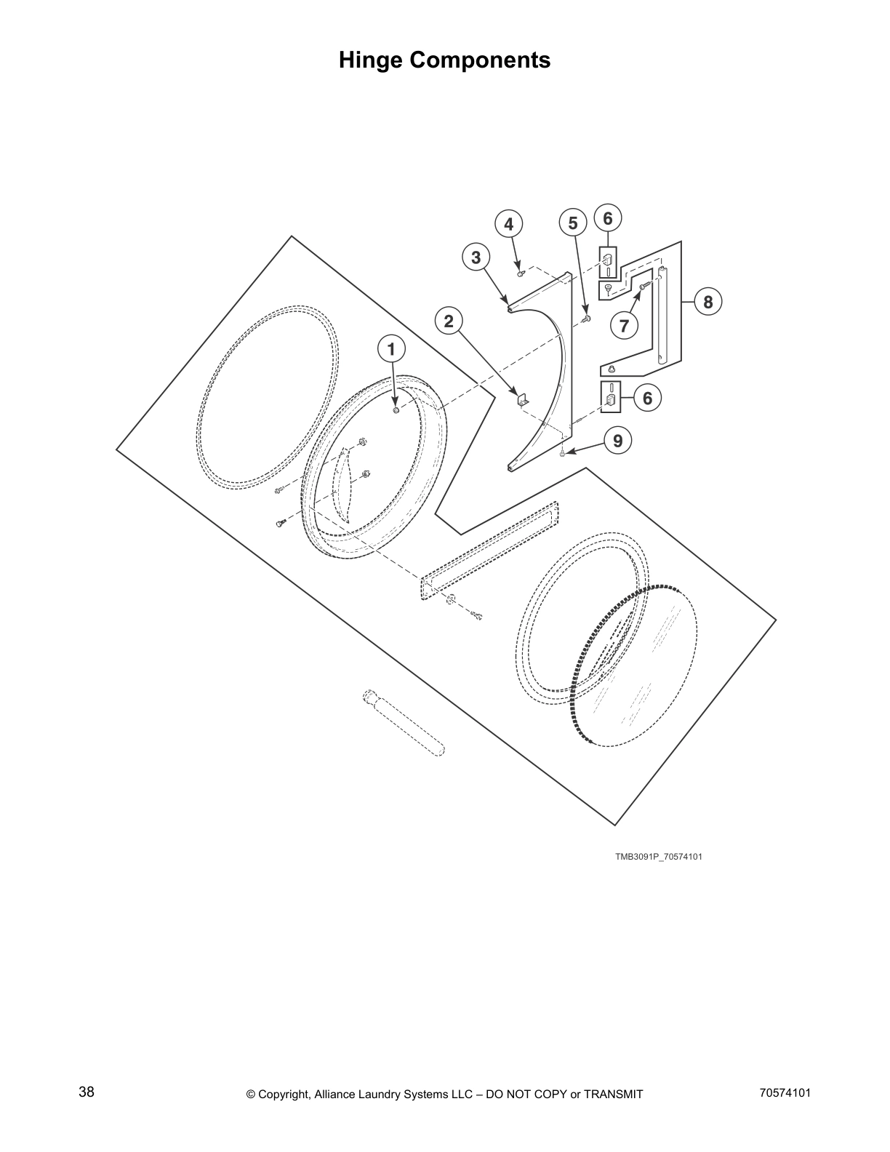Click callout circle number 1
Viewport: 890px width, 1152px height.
(x=391, y=349)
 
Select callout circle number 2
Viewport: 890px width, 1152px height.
(x=449, y=321)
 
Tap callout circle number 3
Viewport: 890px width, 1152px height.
(x=476, y=257)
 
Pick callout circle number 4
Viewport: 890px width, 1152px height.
(x=509, y=224)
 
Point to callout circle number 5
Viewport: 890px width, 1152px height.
(x=573, y=223)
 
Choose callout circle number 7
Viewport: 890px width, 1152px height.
(x=624, y=326)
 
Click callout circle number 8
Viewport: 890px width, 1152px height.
(x=708, y=300)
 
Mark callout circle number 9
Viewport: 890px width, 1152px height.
(x=617, y=441)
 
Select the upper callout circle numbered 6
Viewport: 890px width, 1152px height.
(x=608, y=217)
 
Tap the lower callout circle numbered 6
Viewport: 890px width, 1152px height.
(x=647, y=398)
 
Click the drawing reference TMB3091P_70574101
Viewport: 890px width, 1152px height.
(x=659, y=857)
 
